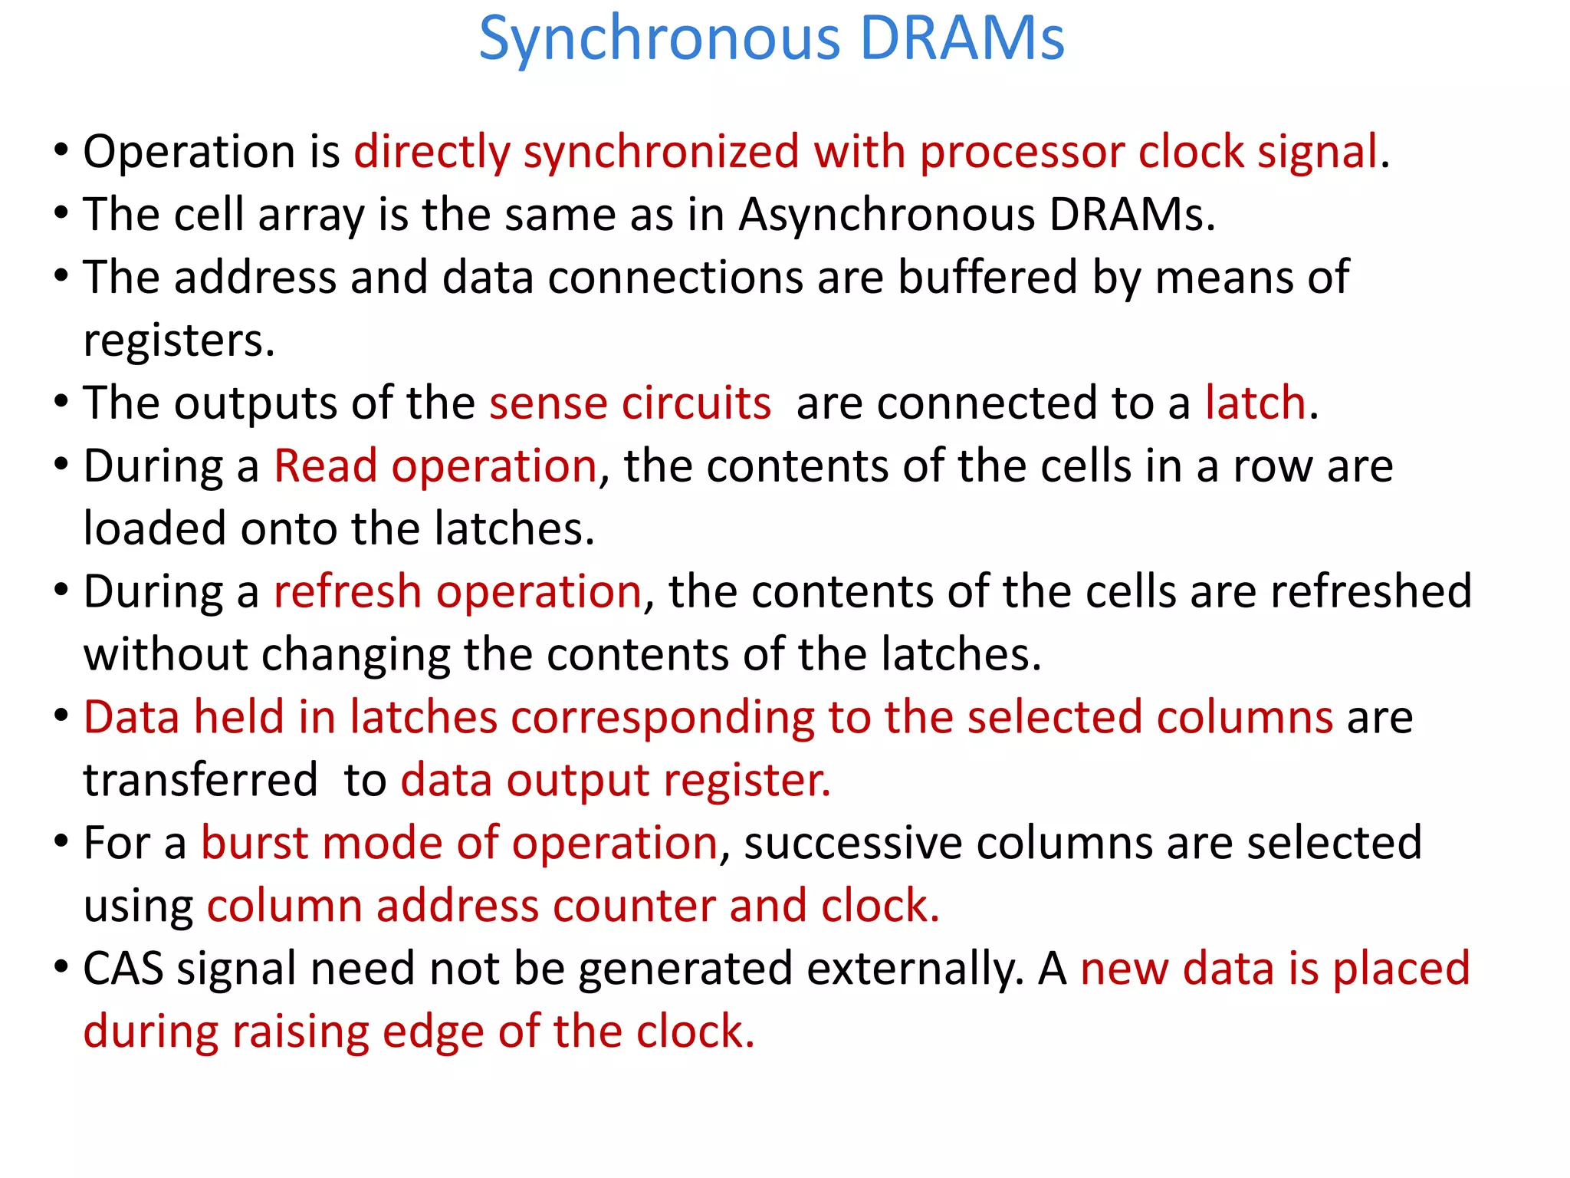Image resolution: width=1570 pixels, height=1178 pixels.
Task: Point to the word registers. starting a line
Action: click(x=179, y=341)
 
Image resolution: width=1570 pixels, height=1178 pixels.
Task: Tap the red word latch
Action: click(x=1255, y=403)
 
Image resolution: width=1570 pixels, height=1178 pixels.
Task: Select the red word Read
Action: click(x=326, y=466)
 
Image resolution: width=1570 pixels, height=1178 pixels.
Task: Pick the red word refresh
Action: click(x=348, y=592)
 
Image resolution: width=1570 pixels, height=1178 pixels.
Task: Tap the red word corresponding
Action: click(x=662, y=718)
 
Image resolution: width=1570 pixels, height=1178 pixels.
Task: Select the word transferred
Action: click(x=200, y=781)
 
